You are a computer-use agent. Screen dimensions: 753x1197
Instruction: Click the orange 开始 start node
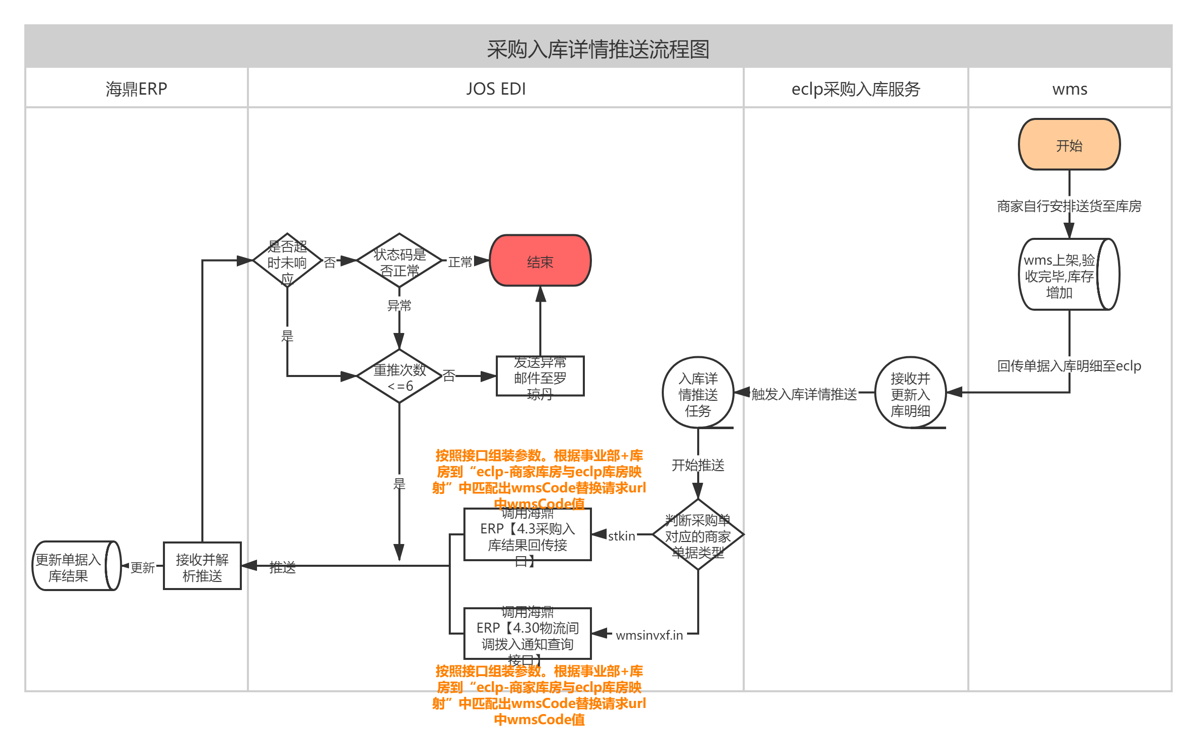coord(1068,145)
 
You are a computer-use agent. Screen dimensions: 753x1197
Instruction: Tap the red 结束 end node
coord(540,261)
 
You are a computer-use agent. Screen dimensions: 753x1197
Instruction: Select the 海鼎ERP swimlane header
coord(136,89)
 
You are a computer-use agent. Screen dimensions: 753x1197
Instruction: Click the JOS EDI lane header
coord(495,89)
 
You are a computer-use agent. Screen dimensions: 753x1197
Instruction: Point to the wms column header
coord(1069,89)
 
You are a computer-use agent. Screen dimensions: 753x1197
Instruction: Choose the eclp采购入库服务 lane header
coord(855,89)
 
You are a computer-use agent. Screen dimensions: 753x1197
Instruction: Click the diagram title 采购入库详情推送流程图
coord(598,49)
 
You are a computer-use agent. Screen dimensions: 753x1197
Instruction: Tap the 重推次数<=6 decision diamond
coord(399,377)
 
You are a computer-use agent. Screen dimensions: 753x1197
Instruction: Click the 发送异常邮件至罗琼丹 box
coord(540,377)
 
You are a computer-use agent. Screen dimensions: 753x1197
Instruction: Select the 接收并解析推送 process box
coord(202,566)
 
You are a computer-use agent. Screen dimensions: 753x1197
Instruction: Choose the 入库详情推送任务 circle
coord(698,393)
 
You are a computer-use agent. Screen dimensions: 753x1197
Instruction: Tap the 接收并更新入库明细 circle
coord(910,393)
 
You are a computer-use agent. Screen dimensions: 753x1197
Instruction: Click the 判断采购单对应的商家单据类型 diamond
coord(698,535)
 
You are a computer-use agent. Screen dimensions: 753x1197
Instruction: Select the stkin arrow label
coord(621,535)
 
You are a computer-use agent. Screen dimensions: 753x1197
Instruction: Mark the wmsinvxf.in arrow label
coord(649,635)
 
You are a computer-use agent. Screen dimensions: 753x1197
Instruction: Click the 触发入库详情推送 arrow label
coord(804,394)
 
